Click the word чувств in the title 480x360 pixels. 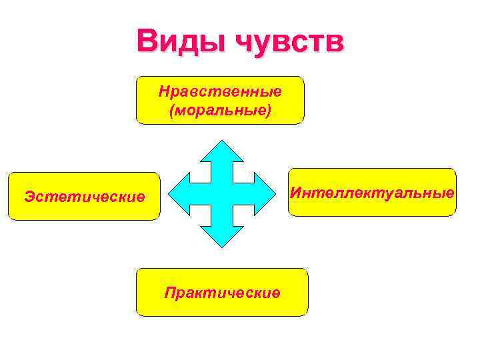tap(291, 42)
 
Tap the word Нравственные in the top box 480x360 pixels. tap(220, 90)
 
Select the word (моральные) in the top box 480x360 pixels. tap(220, 108)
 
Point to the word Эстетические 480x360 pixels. tap(84, 197)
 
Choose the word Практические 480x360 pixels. tap(223, 293)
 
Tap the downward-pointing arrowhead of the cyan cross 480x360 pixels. tap(223, 238)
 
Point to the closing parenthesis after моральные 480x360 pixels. tap(269, 109)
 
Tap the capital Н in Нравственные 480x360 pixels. tap(163, 90)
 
